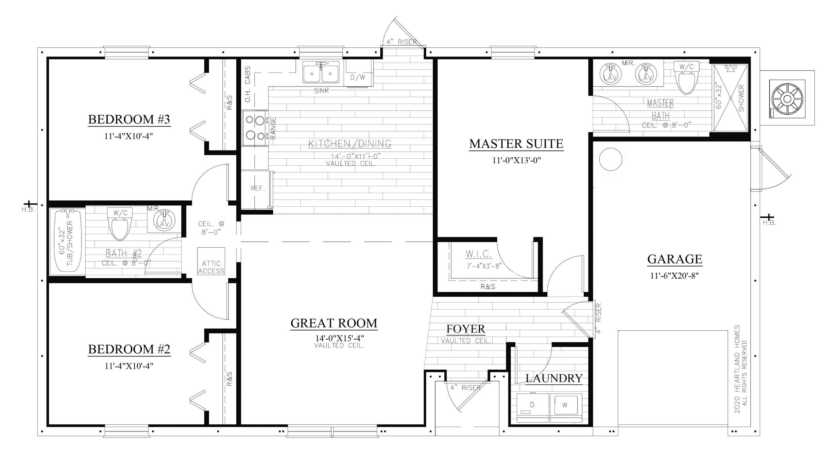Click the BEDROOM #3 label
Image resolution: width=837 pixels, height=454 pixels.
click(129, 120)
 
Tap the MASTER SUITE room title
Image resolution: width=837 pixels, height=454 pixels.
click(516, 144)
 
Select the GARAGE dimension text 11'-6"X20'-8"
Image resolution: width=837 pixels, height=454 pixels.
click(675, 276)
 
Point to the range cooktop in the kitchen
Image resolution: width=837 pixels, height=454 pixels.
click(255, 128)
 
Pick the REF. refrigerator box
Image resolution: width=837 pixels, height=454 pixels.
click(257, 189)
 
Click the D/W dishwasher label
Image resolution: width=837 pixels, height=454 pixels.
click(358, 77)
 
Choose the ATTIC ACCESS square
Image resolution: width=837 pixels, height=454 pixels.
click(211, 261)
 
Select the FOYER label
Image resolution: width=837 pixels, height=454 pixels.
click(466, 329)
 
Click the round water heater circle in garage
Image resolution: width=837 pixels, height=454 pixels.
click(610, 159)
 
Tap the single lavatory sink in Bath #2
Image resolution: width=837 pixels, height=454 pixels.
click(163, 219)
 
